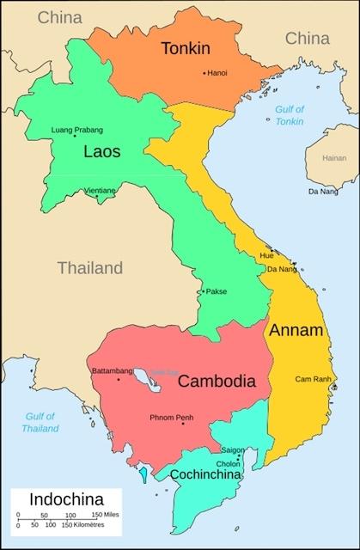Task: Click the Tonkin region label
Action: click(x=186, y=49)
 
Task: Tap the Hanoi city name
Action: click(x=217, y=73)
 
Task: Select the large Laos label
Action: click(x=101, y=152)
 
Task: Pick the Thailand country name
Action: click(x=90, y=268)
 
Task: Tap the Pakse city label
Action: click(x=217, y=291)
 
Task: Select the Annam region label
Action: click(x=296, y=330)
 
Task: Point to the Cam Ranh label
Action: click(x=313, y=379)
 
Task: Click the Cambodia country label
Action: click(x=217, y=381)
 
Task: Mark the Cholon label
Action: click(x=229, y=463)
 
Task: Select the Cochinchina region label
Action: click(x=204, y=474)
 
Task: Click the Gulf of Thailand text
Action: click(x=40, y=422)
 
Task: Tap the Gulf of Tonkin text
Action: click(x=291, y=115)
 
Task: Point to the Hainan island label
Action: click(x=333, y=158)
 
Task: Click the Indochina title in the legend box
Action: click(x=66, y=499)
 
